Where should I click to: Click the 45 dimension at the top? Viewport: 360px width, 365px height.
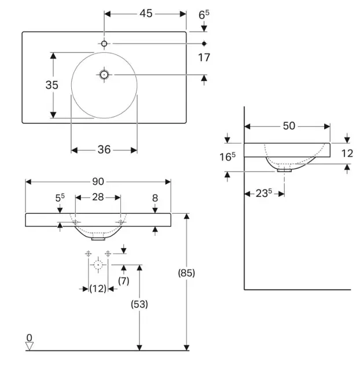[145, 13]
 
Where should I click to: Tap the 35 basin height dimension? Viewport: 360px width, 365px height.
[52, 85]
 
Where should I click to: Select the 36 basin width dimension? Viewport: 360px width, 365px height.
[104, 150]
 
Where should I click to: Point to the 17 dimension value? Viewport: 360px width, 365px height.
[204, 57]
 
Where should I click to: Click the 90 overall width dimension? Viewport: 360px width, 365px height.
[98, 181]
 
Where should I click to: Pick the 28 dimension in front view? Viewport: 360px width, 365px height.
[98, 197]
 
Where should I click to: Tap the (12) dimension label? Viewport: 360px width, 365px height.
[98, 288]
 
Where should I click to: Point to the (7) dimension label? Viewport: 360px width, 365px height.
[123, 280]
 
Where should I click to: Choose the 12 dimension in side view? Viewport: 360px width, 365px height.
[347, 153]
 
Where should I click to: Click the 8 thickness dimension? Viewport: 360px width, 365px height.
[155, 198]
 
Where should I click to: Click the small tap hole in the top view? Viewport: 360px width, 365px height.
[104, 43]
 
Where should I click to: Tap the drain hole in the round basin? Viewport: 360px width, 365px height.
[104, 74]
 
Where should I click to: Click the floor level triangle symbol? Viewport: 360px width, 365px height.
[30, 345]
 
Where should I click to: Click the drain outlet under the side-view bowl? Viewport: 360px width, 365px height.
[285, 170]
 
